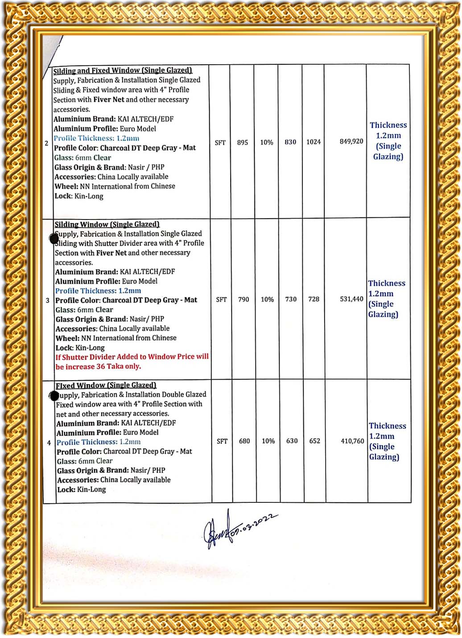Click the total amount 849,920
[x=351, y=141]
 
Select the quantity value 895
[x=242, y=142]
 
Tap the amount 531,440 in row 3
[x=351, y=299]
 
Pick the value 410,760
[x=352, y=441]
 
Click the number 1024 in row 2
[x=313, y=142]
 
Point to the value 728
[x=313, y=299]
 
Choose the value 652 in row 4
[x=314, y=441]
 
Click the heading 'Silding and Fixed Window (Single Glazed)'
[x=123, y=70]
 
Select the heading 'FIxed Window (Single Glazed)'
[x=106, y=385]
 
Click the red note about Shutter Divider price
[x=132, y=361]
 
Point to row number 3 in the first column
[x=48, y=300]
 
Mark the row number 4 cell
[x=49, y=443]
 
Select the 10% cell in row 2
[x=266, y=142]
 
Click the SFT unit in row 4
[x=222, y=441]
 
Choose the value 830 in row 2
[x=290, y=142]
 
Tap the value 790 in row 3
[x=243, y=299]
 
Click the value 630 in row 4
[x=292, y=441]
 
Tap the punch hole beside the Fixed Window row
[x=54, y=395]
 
